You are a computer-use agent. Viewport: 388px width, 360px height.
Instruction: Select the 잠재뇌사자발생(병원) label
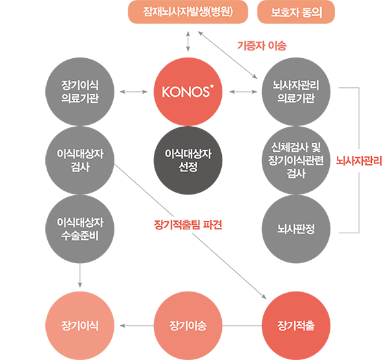pos(188,12)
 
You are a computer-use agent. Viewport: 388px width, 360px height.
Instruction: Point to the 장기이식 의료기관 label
pos(81,92)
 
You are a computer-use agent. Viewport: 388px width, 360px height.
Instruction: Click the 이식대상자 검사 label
pos(81,160)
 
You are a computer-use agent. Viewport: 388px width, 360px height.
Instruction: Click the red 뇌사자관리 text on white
pos(359,160)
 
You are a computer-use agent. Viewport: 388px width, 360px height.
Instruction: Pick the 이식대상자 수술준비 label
pos(81,228)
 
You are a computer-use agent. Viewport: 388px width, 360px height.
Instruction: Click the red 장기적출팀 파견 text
pos(189,226)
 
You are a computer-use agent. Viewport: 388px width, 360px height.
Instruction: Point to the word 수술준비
pos(81,235)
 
